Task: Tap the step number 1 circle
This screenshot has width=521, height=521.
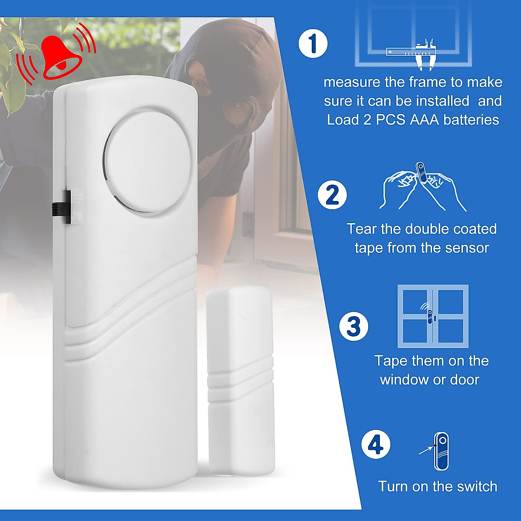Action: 313,43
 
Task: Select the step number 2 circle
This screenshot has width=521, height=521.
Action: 333,195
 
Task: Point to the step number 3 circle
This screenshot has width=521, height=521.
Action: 354,326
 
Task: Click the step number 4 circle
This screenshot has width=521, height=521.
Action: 376,445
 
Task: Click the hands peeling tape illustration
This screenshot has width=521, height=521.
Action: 422,187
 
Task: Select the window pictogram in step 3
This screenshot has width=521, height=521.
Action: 433,316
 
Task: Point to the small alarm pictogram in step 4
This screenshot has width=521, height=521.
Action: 442,451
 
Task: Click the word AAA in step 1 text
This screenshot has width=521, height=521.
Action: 425,120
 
